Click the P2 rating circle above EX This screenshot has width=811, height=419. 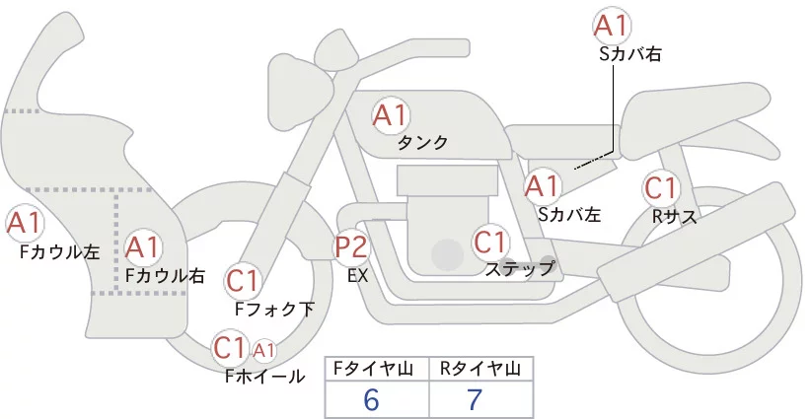[x=352, y=247]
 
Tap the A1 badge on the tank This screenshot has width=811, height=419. [x=390, y=115]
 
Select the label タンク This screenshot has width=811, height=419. [x=422, y=143]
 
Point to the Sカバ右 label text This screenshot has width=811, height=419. [x=629, y=55]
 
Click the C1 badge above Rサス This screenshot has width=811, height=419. [x=659, y=187]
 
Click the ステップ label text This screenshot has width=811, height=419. [x=519, y=267]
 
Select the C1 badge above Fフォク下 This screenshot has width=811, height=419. [x=243, y=282]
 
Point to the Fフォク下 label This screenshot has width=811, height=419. [x=274, y=309]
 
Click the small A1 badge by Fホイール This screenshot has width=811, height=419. [x=264, y=349]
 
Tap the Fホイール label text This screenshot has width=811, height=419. [x=264, y=376]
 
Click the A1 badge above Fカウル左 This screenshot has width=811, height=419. [x=24, y=224]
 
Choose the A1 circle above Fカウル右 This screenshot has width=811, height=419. [x=143, y=246]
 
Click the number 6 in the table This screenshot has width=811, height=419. [x=371, y=400]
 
